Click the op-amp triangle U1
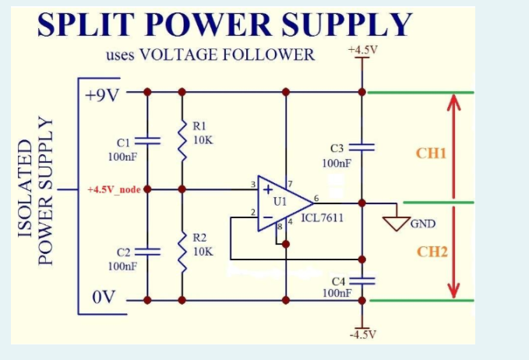point(279,203)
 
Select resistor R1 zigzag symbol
point(182,141)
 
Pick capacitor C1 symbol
point(147,141)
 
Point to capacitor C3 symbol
point(362,147)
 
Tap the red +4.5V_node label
point(114,189)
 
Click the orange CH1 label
point(431,153)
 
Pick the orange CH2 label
point(431,252)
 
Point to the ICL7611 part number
point(322,217)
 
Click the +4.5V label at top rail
point(363,51)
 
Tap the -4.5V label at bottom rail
point(362,334)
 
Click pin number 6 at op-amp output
point(316,197)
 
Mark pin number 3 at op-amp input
point(252,185)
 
